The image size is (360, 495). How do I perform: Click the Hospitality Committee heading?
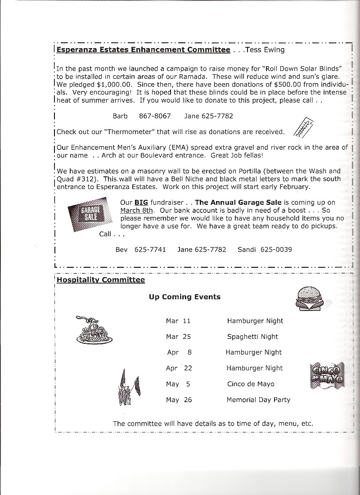click(101, 280)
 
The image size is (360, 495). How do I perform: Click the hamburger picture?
click(310, 298)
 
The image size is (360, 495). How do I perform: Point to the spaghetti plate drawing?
click(94, 330)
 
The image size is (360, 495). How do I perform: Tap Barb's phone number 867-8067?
click(155, 116)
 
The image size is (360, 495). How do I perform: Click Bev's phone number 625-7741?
click(150, 249)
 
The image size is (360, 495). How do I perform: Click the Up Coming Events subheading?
click(184, 297)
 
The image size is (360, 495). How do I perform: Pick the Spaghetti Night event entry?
click(252, 337)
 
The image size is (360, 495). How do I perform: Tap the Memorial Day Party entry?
click(258, 400)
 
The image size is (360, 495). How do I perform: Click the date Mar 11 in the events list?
click(178, 321)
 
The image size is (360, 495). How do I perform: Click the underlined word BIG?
click(141, 202)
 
